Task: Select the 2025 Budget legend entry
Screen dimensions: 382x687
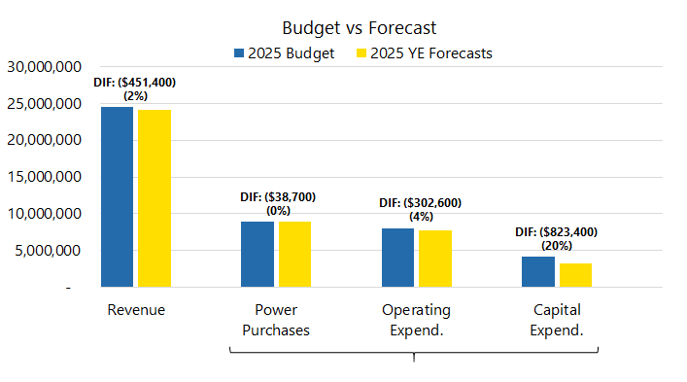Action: [283, 53]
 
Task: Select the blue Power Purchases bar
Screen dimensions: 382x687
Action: [257, 254]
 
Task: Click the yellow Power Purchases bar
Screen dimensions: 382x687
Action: [294, 254]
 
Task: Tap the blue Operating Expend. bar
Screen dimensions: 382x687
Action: [397, 258]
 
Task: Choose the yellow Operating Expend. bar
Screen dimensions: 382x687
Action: [434, 259]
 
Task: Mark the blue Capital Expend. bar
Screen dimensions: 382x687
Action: [537, 271]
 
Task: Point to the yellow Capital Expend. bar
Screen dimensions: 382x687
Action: [575, 275]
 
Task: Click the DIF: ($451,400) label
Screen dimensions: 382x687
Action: [135, 84]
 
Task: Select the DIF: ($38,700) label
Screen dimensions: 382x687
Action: [277, 197]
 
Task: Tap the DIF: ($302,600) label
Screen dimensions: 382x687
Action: [420, 203]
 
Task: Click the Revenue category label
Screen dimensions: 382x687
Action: [136, 310]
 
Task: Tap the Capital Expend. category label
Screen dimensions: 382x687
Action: [557, 320]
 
